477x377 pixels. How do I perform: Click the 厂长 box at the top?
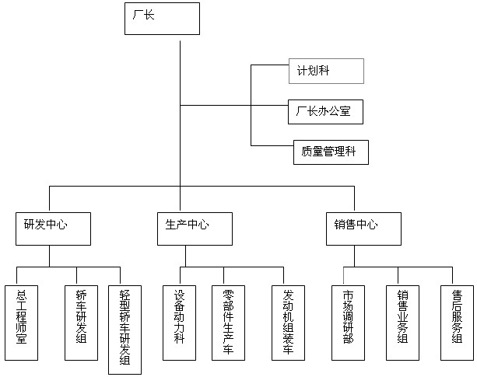[x=162, y=19]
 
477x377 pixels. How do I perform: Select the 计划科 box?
[x=325, y=71]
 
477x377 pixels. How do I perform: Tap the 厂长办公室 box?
[x=325, y=111]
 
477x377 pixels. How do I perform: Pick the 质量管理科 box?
[x=330, y=152]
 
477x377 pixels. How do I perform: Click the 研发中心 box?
[x=52, y=229]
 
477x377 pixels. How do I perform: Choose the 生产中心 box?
[x=187, y=229]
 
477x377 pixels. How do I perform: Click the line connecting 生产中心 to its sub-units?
[x=187, y=257]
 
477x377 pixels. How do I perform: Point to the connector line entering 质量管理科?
[x=272, y=145]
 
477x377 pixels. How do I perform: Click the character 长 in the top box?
[x=149, y=15]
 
